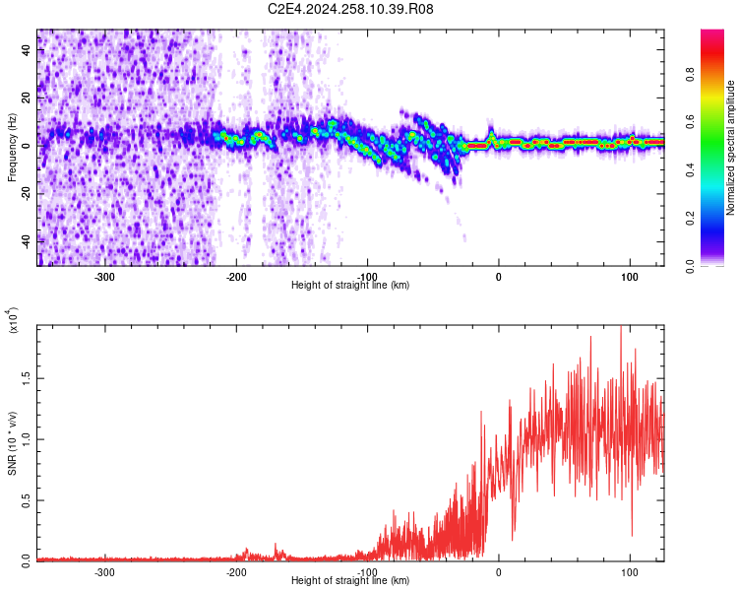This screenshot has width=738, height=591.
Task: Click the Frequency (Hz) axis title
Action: tap(11, 147)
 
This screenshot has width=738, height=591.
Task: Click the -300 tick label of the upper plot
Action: tap(105, 276)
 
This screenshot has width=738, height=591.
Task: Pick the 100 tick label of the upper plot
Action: tap(629, 276)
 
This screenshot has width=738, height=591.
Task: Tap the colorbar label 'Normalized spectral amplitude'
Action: tap(730, 148)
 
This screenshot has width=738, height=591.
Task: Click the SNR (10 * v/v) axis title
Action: tap(12, 442)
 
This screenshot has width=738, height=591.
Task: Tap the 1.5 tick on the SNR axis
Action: tap(27, 377)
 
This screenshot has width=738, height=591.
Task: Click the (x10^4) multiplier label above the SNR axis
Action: tap(12, 320)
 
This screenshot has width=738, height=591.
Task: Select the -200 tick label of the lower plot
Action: tap(236, 571)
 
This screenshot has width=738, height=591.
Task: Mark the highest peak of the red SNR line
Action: tap(620, 328)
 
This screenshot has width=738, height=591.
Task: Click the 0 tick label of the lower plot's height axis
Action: tap(498, 571)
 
